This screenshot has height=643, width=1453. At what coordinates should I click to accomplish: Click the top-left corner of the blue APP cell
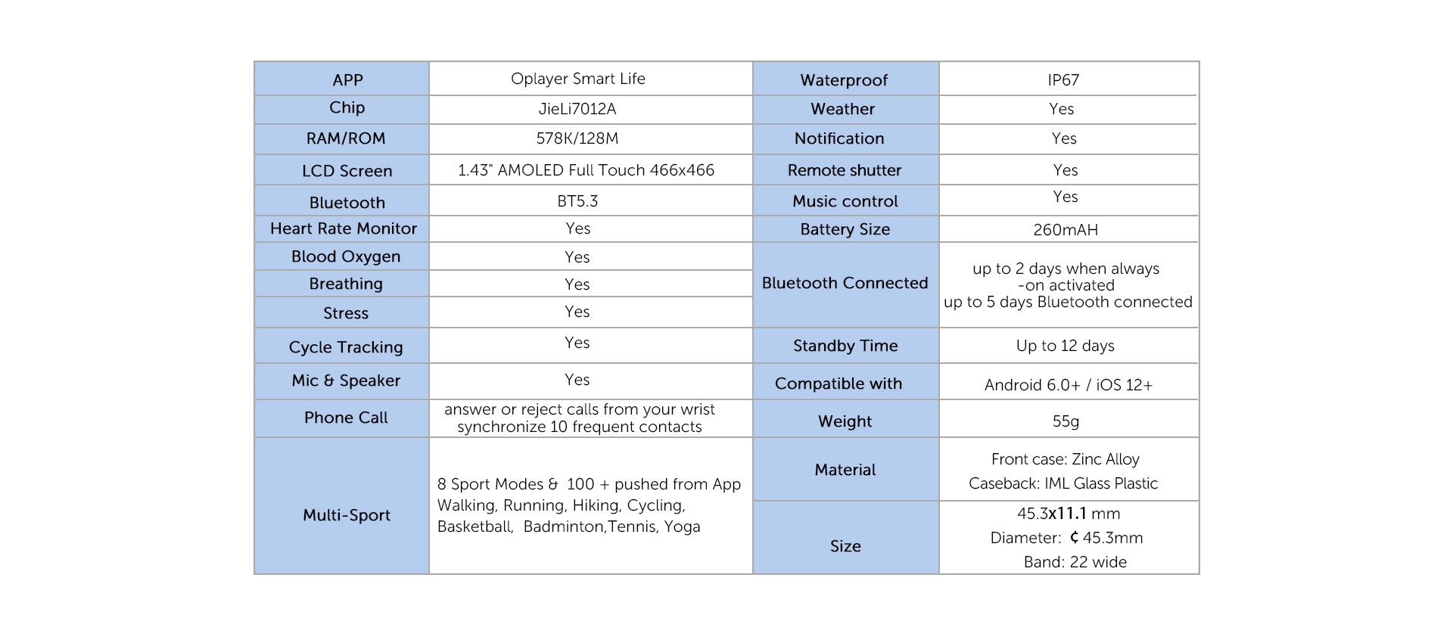[255, 62]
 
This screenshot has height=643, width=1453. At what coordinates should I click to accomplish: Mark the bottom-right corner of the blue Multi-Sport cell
[428, 573]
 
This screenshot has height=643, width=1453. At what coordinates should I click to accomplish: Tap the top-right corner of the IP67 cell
[1199, 62]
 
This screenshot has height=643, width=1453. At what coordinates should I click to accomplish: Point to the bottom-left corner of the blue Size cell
[754, 573]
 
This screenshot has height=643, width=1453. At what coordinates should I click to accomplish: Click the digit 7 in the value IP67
[1075, 80]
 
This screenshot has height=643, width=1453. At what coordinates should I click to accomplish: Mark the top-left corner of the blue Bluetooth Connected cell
[754, 243]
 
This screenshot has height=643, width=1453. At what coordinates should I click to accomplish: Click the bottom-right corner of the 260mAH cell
[1199, 241]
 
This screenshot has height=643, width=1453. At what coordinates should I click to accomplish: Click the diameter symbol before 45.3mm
[1074, 538]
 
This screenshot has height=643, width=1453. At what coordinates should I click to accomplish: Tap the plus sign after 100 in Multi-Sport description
[604, 485]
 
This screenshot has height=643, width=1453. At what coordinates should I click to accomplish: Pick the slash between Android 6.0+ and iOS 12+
[1088, 385]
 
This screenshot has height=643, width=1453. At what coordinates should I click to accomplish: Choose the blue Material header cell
[846, 469]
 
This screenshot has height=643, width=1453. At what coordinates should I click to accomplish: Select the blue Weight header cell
[846, 418]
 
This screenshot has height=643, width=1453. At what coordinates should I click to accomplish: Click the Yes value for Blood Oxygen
[577, 257]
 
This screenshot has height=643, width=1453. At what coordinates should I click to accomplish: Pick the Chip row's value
[577, 109]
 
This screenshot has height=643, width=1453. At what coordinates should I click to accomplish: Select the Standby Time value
[1066, 346]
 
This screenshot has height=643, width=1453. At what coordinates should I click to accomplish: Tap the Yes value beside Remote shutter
[1066, 170]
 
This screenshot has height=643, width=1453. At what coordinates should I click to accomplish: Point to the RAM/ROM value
[577, 138]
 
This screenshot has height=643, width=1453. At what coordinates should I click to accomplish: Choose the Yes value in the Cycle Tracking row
[577, 343]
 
